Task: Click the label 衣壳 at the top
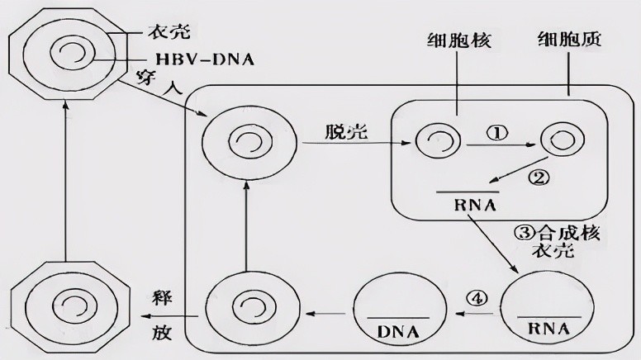pos(169,31)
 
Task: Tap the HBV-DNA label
pos(205,59)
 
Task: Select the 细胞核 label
pos(458,40)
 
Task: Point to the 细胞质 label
pos(568,40)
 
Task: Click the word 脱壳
pos(347,131)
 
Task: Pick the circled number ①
pos(496,133)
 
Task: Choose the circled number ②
pos(539,178)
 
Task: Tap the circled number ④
pos(478,298)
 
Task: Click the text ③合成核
pos(557,233)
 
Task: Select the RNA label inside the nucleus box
pos(475,205)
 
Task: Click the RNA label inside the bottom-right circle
pos(548,329)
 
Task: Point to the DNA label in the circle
pos(398,332)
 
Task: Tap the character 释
pos(162,298)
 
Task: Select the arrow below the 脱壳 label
pos(357,143)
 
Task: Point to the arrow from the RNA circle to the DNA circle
pos(474,314)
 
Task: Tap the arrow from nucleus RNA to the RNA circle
pos(493,243)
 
